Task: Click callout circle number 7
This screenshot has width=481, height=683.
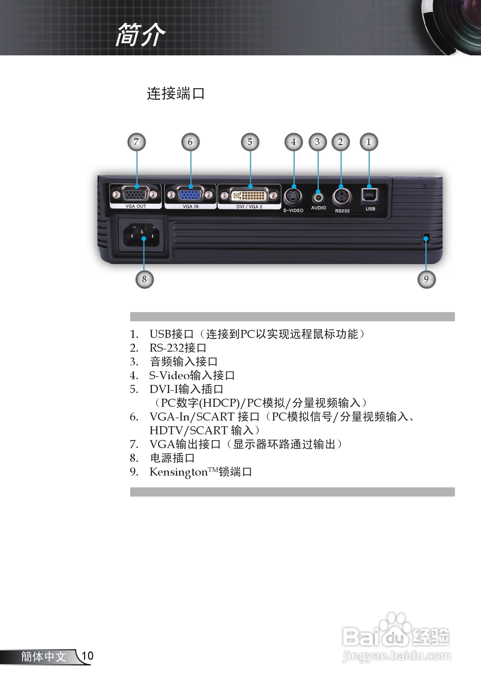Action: tap(136, 142)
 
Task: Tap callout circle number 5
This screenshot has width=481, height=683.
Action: tap(250, 142)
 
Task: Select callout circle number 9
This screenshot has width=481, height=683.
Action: tap(426, 279)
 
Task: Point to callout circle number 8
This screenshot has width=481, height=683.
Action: tap(144, 279)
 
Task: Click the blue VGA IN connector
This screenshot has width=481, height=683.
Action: tap(190, 195)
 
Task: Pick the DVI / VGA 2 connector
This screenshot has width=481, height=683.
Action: tap(249, 195)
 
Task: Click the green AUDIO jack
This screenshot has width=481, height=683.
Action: tap(318, 197)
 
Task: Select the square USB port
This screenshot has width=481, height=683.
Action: tap(369, 195)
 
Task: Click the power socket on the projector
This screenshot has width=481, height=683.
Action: tap(141, 235)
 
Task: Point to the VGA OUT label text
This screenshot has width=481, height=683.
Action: tap(136, 206)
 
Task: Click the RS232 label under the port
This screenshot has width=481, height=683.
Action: tap(342, 211)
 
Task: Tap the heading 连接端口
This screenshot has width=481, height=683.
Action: tap(176, 94)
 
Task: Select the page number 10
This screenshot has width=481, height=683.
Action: tap(87, 656)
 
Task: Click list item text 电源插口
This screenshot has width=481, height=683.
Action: tap(173, 458)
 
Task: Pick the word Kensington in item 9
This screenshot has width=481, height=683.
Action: tap(178, 472)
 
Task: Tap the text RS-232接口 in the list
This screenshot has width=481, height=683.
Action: tap(178, 348)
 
